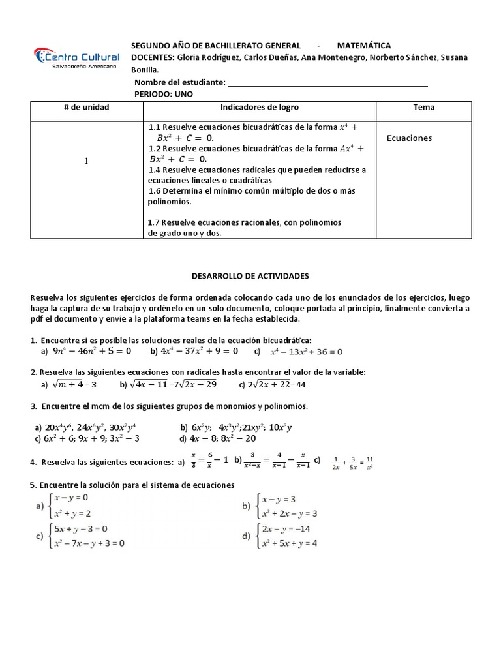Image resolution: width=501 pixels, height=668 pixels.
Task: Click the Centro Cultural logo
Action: click(76, 57)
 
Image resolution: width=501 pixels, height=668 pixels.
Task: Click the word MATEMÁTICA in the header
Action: click(363, 46)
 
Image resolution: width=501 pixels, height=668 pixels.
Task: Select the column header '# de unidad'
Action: click(86, 107)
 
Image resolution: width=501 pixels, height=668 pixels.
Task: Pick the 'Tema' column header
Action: click(423, 107)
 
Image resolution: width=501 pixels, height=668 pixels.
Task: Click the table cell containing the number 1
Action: click(86, 161)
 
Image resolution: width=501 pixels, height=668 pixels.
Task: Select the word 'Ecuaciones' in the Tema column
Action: click(409, 138)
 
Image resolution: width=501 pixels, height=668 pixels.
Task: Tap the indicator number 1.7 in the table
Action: click(155, 222)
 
